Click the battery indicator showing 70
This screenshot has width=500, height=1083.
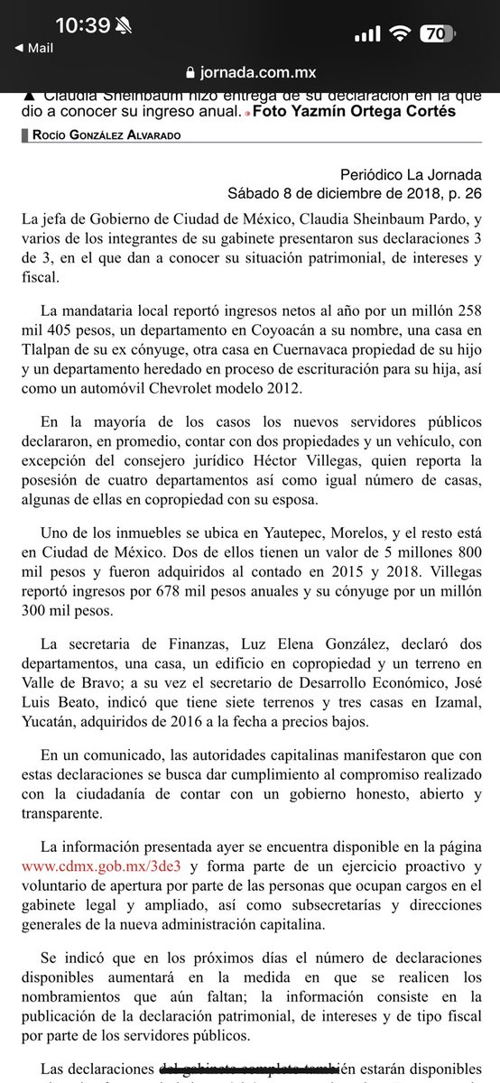[437, 34]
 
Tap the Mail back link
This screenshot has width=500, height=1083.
[34, 47]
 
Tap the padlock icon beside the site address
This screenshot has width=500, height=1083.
[189, 72]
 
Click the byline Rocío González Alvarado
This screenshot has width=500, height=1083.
[99, 134]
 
